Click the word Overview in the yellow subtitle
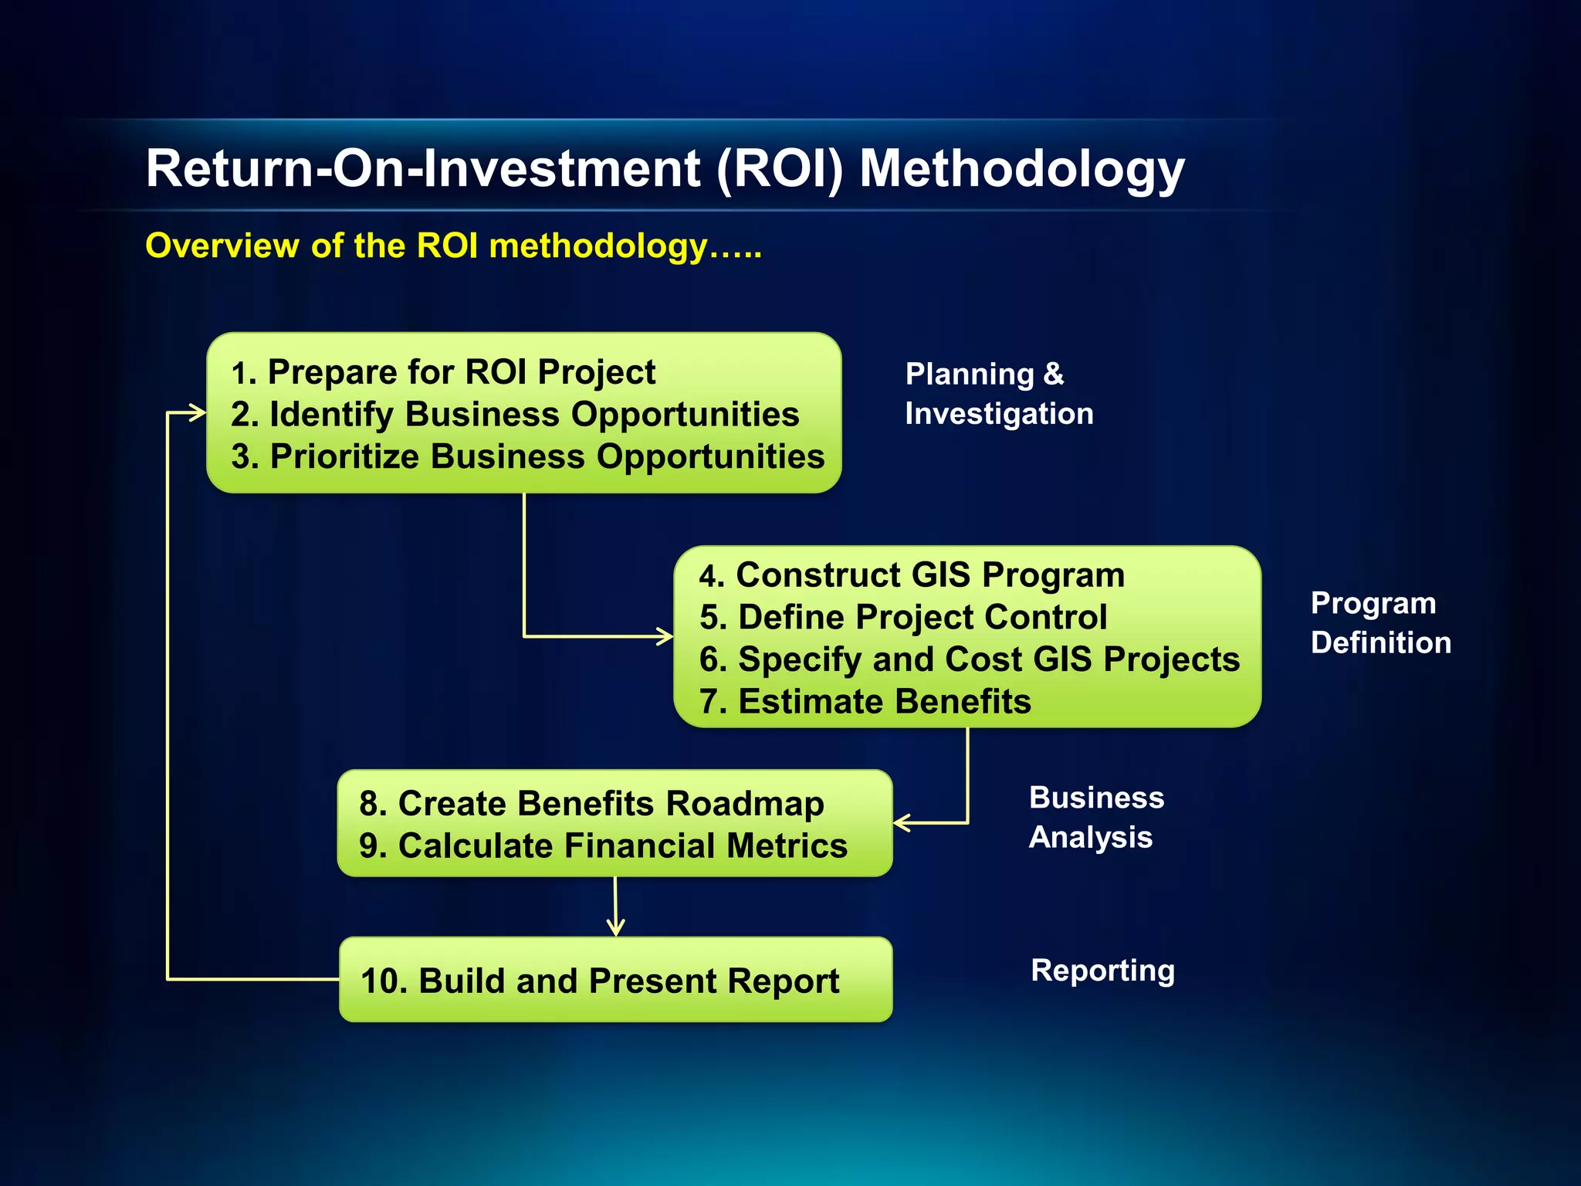pos(222,246)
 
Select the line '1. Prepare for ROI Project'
pos(444,372)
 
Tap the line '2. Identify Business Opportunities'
pos(515,415)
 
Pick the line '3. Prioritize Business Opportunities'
pos(528,456)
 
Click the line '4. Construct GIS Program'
pos(911,575)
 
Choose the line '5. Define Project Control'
pos(903,618)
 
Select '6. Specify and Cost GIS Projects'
pos(969,659)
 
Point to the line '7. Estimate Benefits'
pos(865,702)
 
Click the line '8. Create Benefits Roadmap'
pos(591,804)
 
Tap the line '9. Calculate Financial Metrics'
pos(603,845)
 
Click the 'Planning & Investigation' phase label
pos(998,394)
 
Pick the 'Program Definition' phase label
pos(1380,622)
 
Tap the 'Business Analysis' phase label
pos(1095,817)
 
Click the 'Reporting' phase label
pos(1102,971)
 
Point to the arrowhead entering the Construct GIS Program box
pos(665,636)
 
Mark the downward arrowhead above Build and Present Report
pos(615,928)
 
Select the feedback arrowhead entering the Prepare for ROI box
pos(198,413)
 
